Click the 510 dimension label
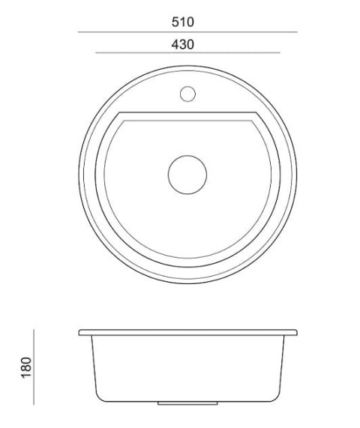pos(183,22)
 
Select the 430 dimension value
pos(183,44)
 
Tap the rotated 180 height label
pos(26,367)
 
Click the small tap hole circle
pos(187,94)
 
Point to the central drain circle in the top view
pos(187,175)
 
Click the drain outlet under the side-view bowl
pos(187,403)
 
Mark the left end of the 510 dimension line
pos(79,32)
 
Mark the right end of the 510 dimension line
pos(297,32)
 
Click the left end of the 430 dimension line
pos(95,52)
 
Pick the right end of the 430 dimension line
pos(280,52)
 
